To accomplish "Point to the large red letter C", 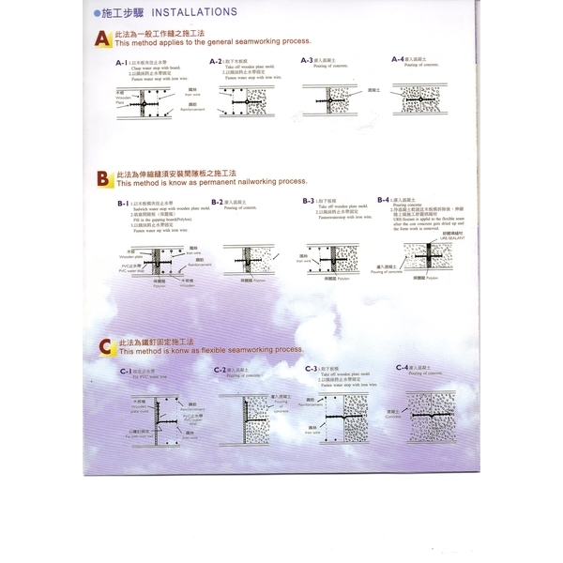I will pyautogui.click(x=105, y=348).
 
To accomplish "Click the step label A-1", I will pyautogui.click(x=120, y=62).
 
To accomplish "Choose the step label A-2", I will pyautogui.click(x=214, y=61).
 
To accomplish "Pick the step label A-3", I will pyautogui.click(x=307, y=60).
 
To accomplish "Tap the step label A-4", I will pyautogui.click(x=398, y=59).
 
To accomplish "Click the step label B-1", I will pyautogui.click(x=123, y=204).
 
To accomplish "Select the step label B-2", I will pyautogui.click(x=217, y=202).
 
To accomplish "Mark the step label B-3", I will pyautogui.click(x=309, y=201).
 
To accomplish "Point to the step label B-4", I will pyautogui.click(x=384, y=199).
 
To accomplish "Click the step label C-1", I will pyautogui.click(x=126, y=372).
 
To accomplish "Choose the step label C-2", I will pyautogui.click(x=221, y=370).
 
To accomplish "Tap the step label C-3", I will pyautogui.click(x=312, y=369).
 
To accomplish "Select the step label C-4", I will pyautogui.click(x=403, y=367).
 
